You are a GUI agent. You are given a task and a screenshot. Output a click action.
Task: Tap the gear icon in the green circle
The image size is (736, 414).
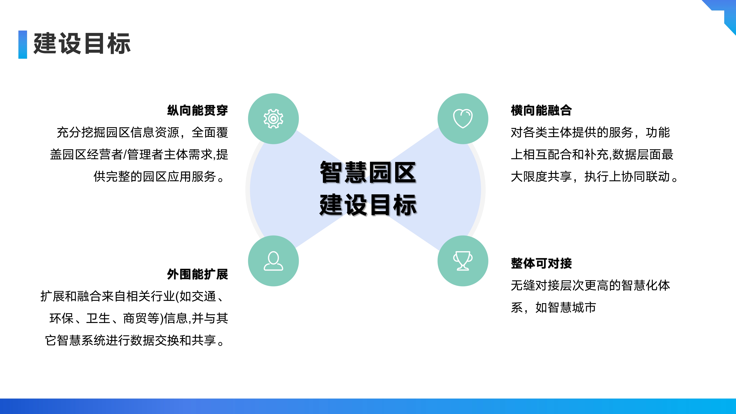(273, 118)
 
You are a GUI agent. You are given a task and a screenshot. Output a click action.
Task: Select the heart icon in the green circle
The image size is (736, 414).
(463, 118)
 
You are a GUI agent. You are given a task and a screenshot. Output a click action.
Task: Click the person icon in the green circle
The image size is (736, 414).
(273, 261)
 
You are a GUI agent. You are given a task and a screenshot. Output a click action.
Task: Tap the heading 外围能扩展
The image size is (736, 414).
(197, 274)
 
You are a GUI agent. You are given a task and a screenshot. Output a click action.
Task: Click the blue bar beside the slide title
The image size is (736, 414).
(23, 45)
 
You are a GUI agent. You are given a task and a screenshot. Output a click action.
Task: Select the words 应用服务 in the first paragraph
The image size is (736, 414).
(191, 177)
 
